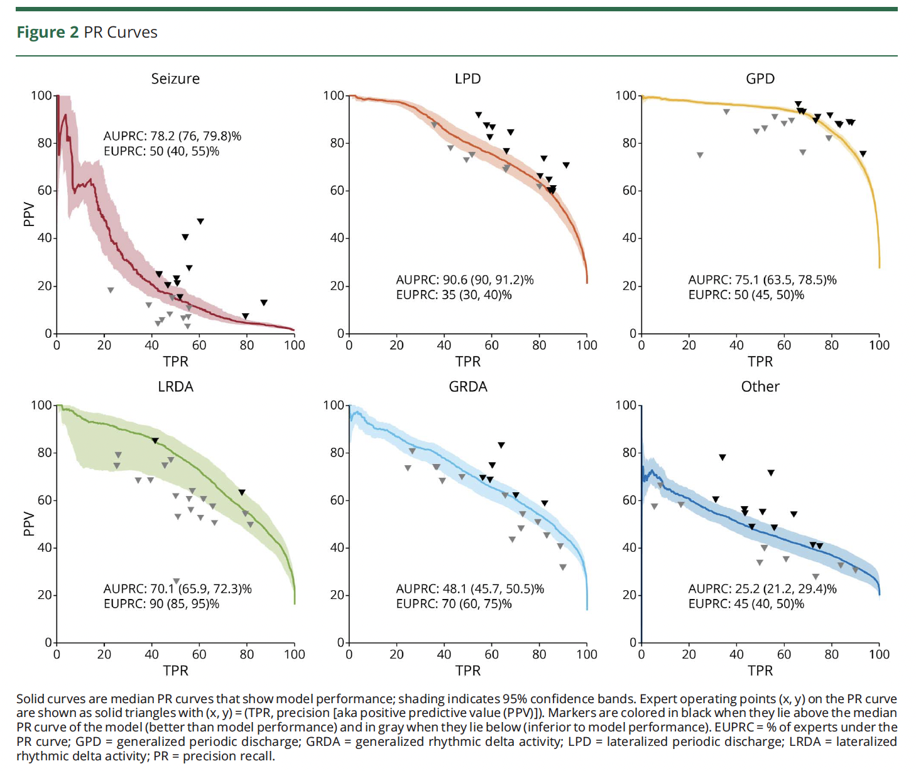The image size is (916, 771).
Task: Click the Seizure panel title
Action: coord(175,78)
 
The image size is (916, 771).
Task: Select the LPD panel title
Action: coord(467,78)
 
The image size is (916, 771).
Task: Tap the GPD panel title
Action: coord(760,78)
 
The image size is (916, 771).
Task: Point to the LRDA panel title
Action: coord(175,387)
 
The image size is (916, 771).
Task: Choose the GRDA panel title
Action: coord(467,387)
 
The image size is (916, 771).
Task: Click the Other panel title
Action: coord(760,387)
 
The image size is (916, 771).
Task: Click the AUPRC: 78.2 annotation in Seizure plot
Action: coord(172,136)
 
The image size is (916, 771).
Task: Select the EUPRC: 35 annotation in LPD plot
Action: coord(454,295)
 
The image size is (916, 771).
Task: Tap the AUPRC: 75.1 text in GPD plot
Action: coord(762,280)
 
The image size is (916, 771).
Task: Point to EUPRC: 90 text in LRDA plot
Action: coord(161,604)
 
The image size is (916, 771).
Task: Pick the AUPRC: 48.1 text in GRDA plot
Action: coord(470,589)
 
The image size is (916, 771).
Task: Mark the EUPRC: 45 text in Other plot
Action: coord(746,604)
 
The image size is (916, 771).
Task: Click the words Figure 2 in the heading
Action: coord(48,33)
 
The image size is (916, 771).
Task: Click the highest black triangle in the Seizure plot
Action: coord(200,221)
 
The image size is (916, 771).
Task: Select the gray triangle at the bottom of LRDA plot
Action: coord(177,581)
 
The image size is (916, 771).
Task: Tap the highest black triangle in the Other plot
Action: coord(722,457)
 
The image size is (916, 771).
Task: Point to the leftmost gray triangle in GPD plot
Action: coord(700,154)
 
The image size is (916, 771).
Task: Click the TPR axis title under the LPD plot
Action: coord(467,362)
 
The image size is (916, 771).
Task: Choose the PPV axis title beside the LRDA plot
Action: coord(28,524)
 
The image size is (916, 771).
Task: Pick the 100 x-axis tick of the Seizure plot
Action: coord(294,345)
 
